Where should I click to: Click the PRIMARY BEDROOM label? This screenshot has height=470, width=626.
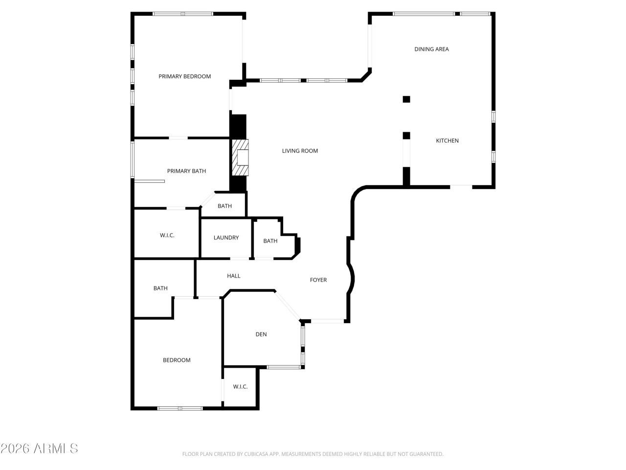(184, 76)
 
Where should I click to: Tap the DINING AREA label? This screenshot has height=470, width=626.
(431, 49)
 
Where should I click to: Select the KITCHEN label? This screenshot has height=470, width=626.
(447, 141)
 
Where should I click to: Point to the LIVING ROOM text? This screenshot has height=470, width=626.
(300, 151)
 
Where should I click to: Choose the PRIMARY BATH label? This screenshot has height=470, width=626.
(186, 171)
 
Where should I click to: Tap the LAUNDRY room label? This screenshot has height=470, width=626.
(226, 237)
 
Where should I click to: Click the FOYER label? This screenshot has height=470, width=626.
(318, 280)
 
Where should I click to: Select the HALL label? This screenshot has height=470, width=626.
(234, 276)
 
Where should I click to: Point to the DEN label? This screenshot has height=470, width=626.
(261, 334)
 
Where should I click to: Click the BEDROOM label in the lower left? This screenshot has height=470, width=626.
(177, 360)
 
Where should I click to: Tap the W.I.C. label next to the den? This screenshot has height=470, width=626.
(240, 386)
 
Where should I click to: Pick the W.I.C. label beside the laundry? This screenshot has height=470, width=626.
(167, 235)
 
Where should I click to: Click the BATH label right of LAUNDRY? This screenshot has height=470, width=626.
(270, 241)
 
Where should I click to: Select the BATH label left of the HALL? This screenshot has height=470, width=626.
(160, 288)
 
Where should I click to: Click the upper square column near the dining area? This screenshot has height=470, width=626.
(406, 99)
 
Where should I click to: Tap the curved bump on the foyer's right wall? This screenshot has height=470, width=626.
(352, 280)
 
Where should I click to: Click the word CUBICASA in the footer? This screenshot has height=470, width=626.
(257, 454)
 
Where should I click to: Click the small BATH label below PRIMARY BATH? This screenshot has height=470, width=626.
(224, 206)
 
